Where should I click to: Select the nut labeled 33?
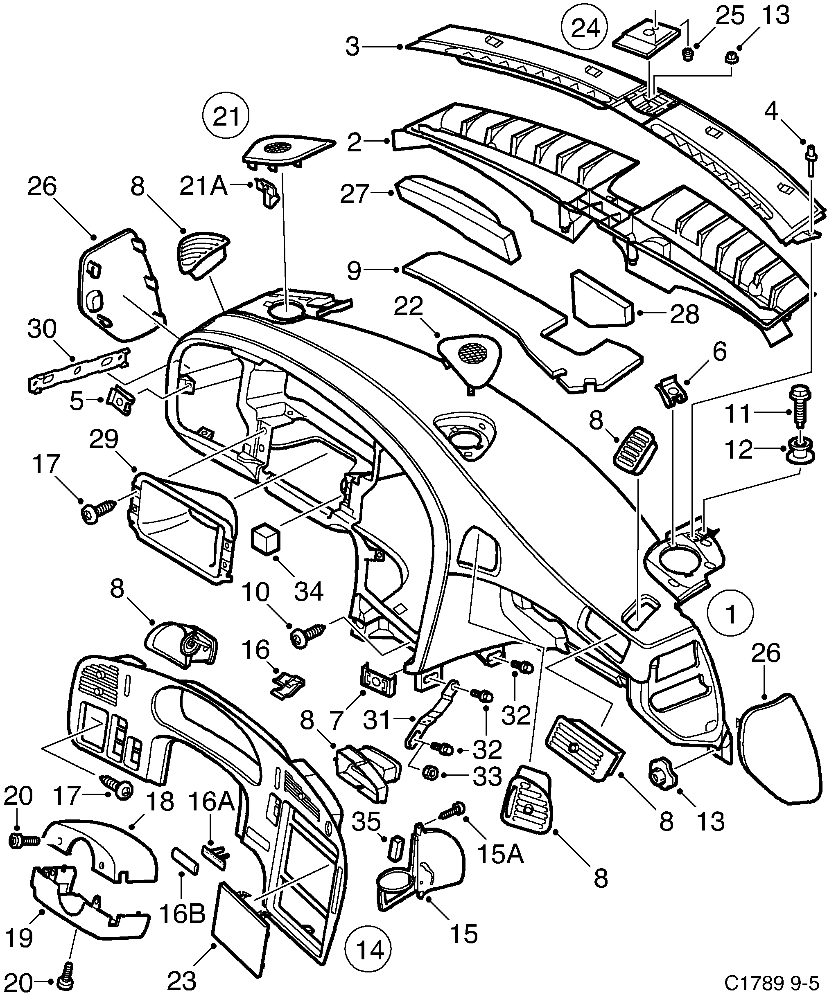click(430, 772)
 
